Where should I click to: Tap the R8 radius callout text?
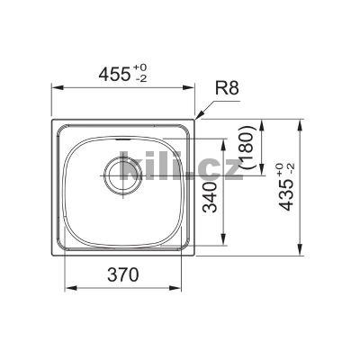point(228,88)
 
